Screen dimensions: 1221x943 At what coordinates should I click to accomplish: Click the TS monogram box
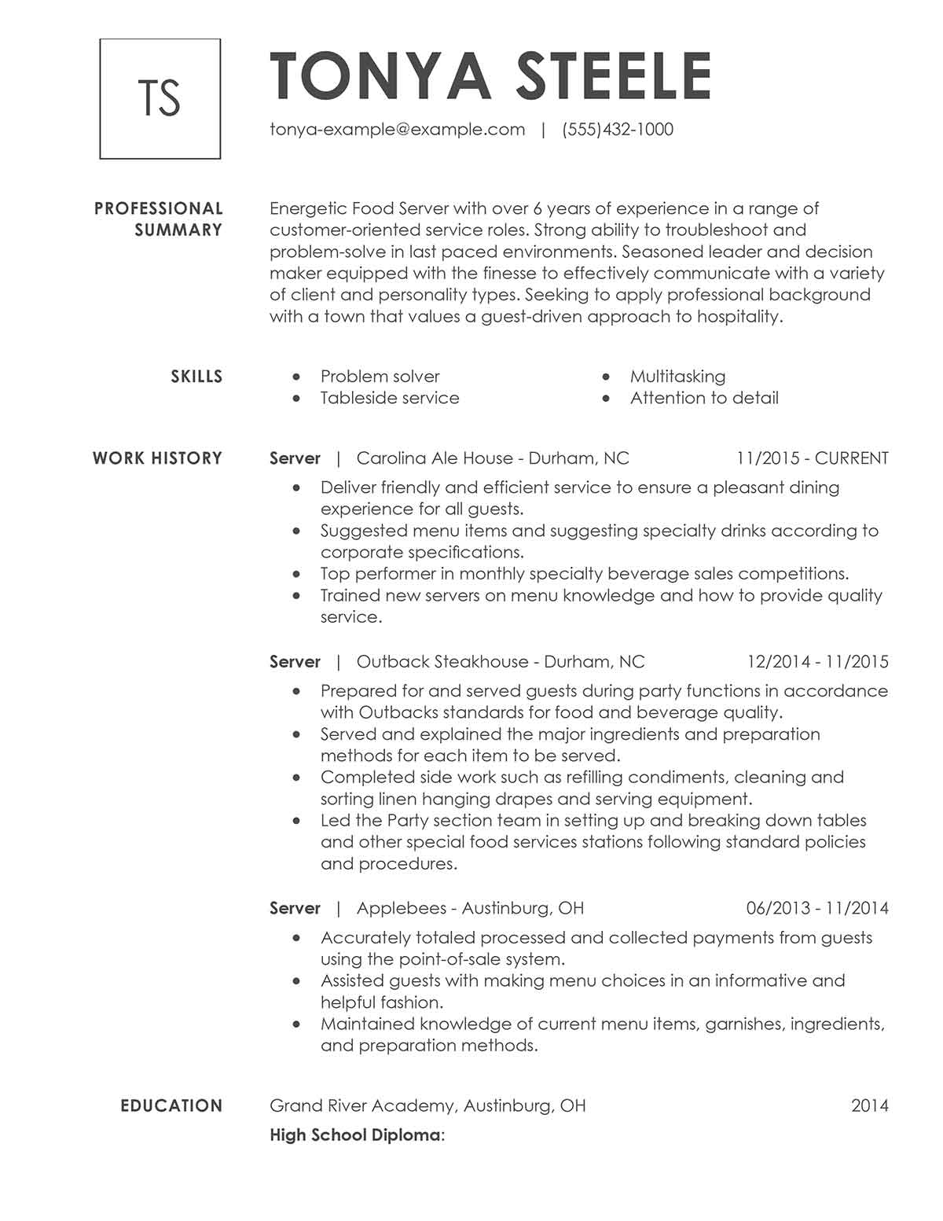tap(160, 98)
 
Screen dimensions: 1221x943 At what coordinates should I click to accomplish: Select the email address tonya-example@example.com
tap(397, 130)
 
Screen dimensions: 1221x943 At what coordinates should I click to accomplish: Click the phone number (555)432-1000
tap(618, 130)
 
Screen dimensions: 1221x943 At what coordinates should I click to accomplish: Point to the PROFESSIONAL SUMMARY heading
tap(159, 219)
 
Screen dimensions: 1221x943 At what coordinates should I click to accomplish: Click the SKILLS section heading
tap(196, 377)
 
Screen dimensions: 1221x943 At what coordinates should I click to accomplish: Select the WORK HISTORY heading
tap(157, 458)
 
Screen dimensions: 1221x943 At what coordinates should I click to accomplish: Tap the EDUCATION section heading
tap(171, 1106)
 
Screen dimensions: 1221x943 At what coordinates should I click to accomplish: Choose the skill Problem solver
tap(380, 377)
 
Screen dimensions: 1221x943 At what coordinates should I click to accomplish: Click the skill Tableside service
tap(390, 398)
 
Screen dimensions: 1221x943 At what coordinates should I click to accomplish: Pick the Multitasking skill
tap(677, 377)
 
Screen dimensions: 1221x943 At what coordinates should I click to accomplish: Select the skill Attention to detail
tap(704, 398)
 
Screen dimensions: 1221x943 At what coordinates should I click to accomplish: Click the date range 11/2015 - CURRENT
tap(812, 458)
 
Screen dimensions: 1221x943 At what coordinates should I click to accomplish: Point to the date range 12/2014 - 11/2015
tap(817, 662)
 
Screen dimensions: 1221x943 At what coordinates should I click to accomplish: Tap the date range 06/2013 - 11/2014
tap(817, 909)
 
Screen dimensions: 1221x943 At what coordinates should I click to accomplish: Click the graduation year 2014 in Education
tap(869, 1106)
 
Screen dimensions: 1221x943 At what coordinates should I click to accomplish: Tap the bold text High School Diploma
tap(354, 1135)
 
